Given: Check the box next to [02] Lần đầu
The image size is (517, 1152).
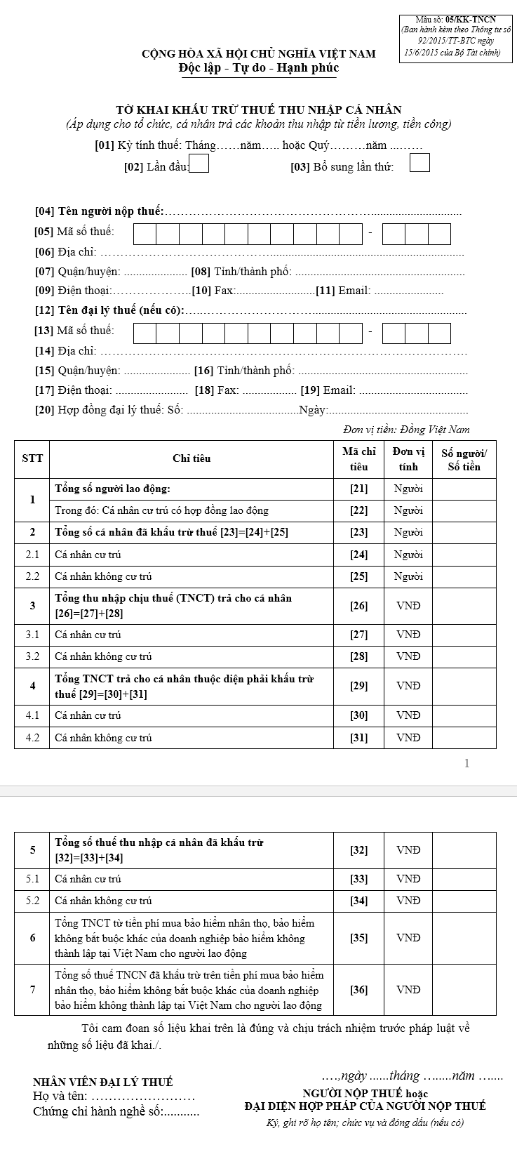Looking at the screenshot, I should tap(199, 164).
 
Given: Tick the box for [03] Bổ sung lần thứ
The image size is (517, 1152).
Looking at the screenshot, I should tap(419, 163).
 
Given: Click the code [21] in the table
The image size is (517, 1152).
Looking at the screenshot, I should tap(358, 489).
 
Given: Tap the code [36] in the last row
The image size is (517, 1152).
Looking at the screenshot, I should tap(358, 990).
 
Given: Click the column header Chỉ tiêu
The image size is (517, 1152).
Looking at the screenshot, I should tap(192, 458).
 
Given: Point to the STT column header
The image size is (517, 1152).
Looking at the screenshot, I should tap(32, 458).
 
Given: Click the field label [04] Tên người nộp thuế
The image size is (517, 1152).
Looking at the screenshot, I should tap(99, 211).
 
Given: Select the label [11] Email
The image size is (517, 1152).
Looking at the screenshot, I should tap(343, 291).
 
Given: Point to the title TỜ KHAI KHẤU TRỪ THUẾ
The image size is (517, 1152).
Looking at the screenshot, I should tap(259, 110).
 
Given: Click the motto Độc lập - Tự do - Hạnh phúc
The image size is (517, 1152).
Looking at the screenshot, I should tap(259, 68).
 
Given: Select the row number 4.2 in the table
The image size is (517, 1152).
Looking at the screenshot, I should tap(32, 738).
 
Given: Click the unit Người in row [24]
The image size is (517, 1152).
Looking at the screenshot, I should tap(408, 555).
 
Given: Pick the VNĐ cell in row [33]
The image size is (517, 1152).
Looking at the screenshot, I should tap(408, 879).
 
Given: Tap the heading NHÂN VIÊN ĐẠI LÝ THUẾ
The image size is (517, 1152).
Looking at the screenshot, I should tap(103, 1083).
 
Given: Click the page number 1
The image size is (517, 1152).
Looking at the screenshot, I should tap(467, 763).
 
